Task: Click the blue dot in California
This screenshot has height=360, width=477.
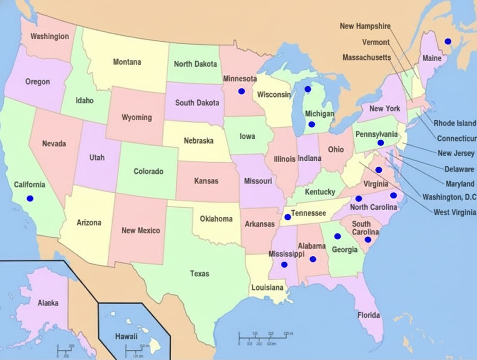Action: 30,198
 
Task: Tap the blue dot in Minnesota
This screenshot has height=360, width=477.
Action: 241,91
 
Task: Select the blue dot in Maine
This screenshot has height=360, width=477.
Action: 448,41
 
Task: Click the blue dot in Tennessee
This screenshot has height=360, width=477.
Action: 287,217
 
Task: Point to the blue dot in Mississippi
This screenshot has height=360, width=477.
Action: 284,265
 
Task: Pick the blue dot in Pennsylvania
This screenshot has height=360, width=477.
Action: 380,143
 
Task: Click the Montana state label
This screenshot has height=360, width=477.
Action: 127,62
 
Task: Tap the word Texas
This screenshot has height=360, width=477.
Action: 199,274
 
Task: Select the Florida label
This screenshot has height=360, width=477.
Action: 368,315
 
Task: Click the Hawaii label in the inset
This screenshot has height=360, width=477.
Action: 126,337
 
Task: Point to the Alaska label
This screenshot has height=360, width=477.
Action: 48,303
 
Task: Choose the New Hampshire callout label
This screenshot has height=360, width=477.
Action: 365,26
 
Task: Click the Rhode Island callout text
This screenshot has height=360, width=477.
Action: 454,123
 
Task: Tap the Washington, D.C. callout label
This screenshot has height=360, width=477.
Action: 448,197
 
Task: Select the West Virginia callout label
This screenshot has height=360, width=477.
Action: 454,212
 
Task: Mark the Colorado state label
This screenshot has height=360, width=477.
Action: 148,171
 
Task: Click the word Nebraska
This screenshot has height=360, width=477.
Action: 198,140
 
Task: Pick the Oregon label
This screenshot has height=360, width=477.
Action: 37,82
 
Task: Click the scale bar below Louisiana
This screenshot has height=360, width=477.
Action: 264,338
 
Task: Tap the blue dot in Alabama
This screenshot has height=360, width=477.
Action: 313,259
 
